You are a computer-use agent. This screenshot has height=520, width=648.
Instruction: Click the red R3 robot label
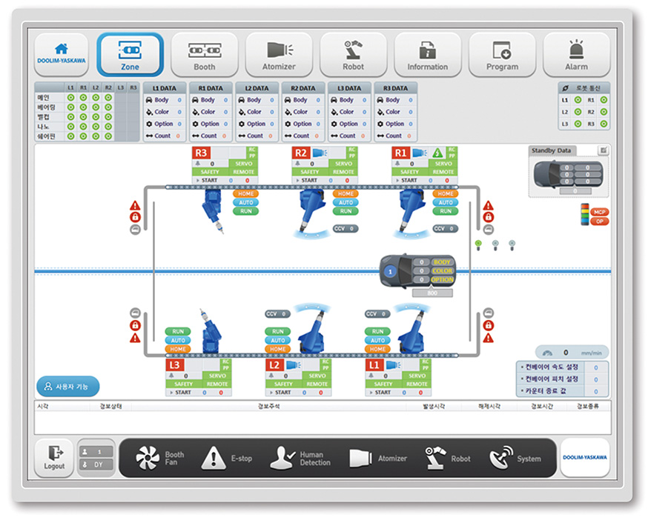coord(201,153)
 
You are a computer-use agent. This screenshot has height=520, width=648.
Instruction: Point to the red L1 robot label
coord(375,365)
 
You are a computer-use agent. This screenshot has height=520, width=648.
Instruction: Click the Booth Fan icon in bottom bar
coord(148,459)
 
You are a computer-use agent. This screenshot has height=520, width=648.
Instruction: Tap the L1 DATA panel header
coord(164,87)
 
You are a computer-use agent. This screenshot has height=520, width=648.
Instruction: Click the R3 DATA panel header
coord(395,87)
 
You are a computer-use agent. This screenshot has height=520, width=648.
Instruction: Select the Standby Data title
coord(553,150)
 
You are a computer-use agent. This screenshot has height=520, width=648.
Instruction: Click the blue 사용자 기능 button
coord(67,386)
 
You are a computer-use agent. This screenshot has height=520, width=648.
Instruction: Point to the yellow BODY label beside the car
coord(442,262)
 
